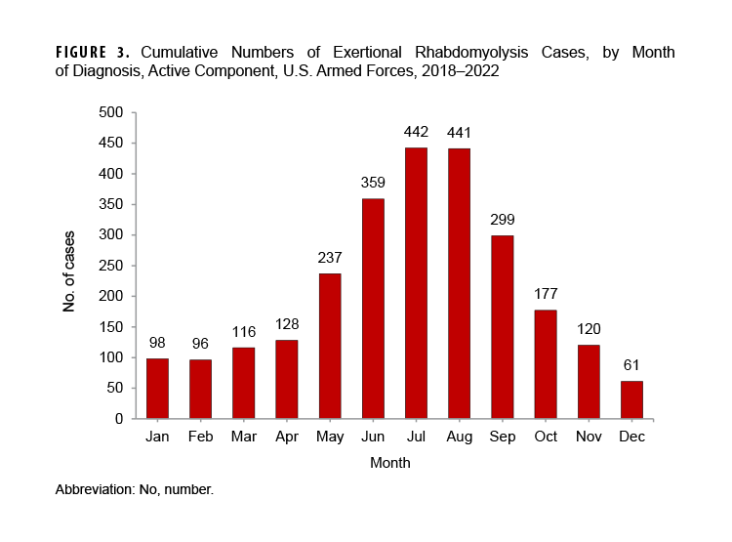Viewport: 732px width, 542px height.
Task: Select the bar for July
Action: pyautogui.click(x=415, y=283)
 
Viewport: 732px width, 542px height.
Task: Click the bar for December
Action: pyautogui.click(x=631, y=399)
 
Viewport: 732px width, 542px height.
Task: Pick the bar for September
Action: pyautogui.click(x=502, y=327)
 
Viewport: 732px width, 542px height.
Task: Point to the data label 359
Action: pyautogui.click(x=372, y=183)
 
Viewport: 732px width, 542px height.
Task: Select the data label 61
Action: pyautogui.click(x=631, y=365)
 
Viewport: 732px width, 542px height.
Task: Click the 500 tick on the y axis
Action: pyautogui.click(x=110, y=113)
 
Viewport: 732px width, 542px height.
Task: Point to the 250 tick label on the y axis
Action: pyautogui.click(x=110, y=266)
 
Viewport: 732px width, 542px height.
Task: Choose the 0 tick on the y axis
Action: pyautogui.click(x=118, y=419)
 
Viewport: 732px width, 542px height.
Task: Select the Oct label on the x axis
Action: pyautogui.click(x=545, y=437)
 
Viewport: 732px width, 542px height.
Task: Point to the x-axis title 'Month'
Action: pyautogui.click(x=389, y=463)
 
